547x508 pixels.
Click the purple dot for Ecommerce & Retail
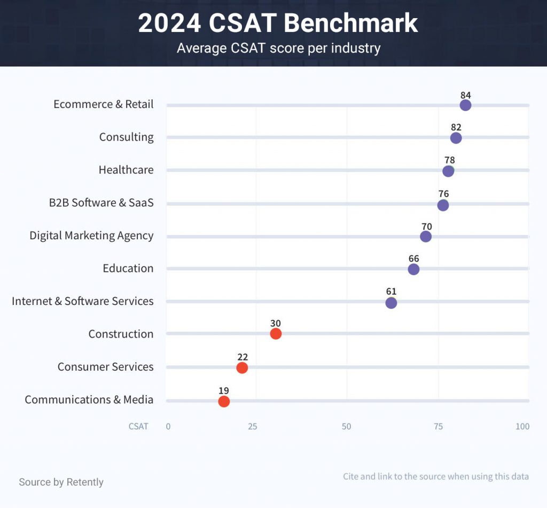pos(465,105)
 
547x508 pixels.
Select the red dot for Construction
pos(276,334)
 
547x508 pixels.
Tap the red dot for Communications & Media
pos(224,401)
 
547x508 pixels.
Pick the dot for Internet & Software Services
pos(391,303)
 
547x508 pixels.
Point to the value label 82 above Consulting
pos(456,127)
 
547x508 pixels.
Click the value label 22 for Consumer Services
pos(242,357)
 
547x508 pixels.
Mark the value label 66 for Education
pos(413,259)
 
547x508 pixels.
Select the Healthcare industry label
pos(126,170)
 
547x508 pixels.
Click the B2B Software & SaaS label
pos(101,202)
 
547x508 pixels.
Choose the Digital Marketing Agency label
pos(91,236)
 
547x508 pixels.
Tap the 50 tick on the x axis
pos(347,426)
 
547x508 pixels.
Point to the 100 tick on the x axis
pos(522,426)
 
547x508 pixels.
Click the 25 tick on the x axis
pos(253,426)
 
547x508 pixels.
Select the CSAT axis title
pos(138,426)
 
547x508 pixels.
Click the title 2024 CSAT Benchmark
pos(278,24)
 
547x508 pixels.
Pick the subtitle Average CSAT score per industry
pos(278,48)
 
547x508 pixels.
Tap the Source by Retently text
pos(61,482)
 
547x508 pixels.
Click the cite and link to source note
pos(435,476)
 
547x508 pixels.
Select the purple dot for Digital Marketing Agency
pos(426,236)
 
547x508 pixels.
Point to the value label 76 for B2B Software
pos(443,193)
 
